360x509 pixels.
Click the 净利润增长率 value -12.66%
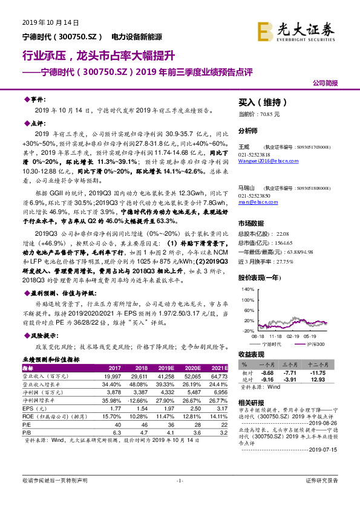pyautogui.click(x=137, y=400)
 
